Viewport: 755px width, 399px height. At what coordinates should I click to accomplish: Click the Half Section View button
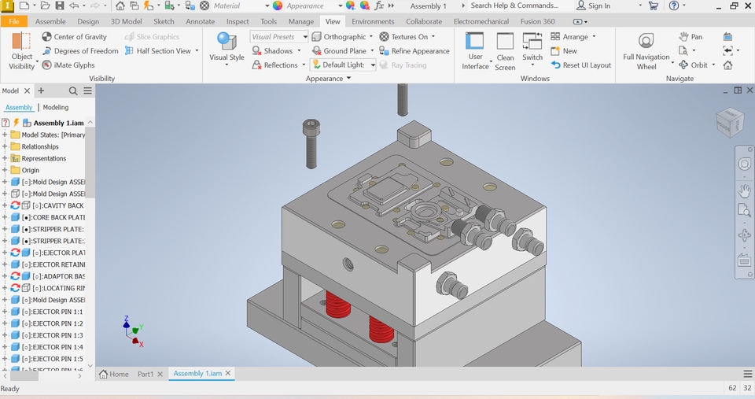click(x=163, y=51)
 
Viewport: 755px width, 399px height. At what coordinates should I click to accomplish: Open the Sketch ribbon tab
click(x=164, y=21)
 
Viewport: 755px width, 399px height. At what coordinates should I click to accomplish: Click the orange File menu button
click(x=14, y=21)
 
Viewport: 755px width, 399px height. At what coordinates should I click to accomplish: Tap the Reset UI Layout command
click(x=581, y=65)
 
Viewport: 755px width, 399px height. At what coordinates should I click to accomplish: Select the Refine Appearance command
click(x=414, y=51)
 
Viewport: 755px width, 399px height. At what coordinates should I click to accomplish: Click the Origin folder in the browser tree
click(x=30, y=170)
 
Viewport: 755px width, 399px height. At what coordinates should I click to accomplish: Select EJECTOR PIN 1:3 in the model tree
click(x=52, y=335)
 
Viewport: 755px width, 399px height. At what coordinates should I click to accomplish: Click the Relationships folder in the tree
click(x=40, y=146)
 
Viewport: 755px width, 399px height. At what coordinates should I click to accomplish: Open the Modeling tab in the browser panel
click(x=56, y=107)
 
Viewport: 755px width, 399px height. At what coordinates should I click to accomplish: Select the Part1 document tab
click(x=145, y=374)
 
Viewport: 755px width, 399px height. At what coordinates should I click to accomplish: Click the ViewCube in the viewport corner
click(x=729, y=123)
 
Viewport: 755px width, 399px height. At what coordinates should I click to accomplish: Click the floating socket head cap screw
click(x=311, y=142)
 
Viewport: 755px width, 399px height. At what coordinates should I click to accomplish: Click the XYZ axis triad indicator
click(x=133, y=331)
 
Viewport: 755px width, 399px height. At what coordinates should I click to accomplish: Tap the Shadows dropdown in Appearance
click(x=277, y=51)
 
